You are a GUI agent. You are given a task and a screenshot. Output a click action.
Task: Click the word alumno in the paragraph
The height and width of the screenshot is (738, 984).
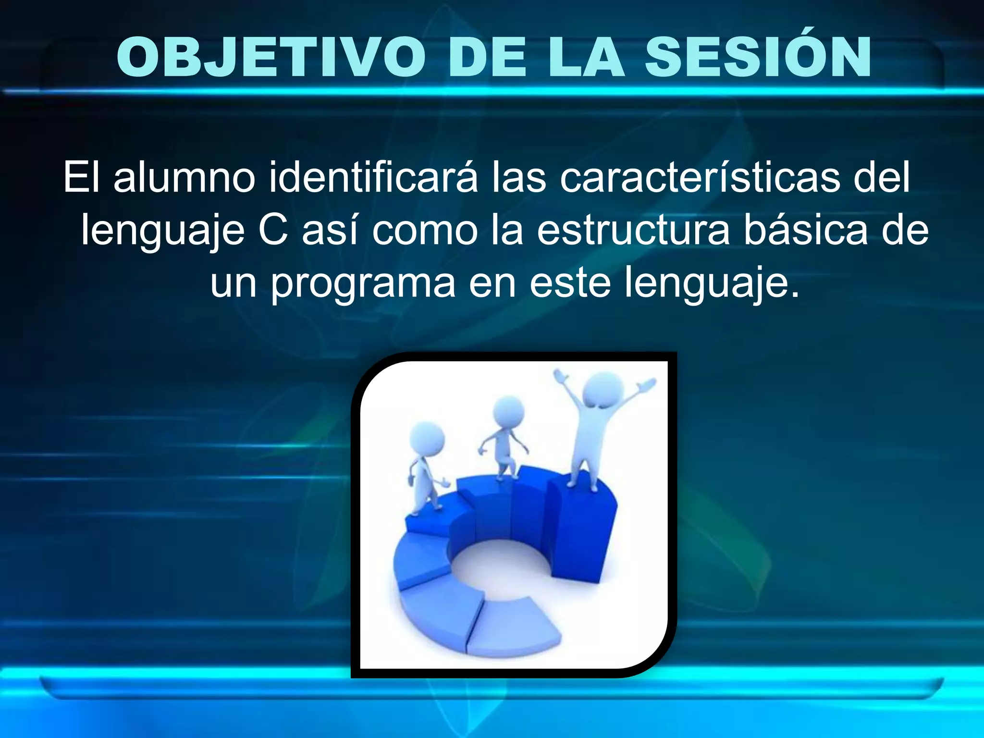(184, 178)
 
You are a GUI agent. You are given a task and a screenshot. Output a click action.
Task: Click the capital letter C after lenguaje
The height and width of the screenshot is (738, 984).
(273, 230)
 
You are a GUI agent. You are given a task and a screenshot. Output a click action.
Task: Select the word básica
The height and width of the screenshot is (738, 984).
(805, 229)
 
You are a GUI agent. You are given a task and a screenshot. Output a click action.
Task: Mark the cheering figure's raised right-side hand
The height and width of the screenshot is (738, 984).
(647, 384)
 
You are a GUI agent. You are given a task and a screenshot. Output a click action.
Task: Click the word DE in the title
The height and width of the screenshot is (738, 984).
(487, 57)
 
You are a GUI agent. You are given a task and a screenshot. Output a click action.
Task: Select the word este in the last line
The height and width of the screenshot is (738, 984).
(570, 283)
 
